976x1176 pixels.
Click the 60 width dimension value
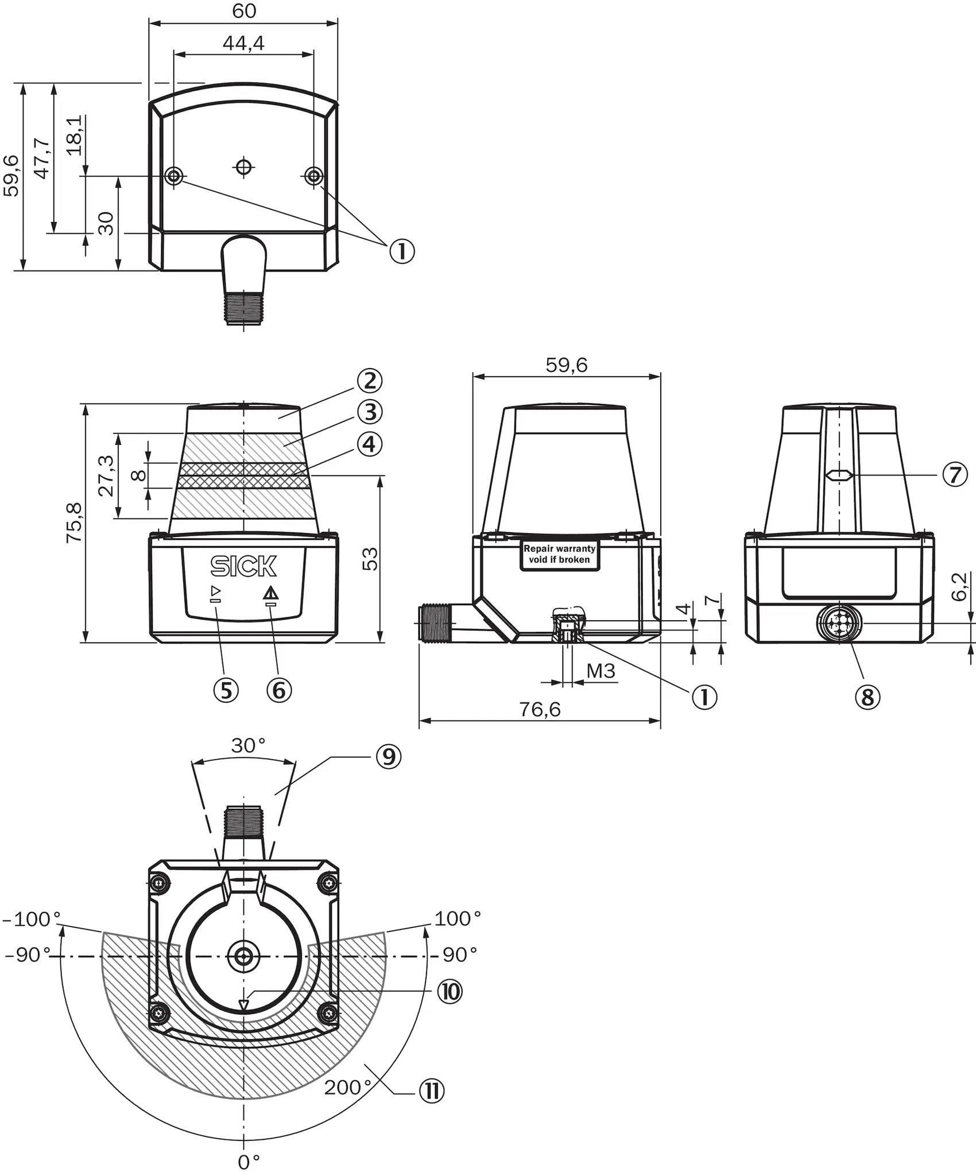244,11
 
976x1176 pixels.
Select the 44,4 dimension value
243,43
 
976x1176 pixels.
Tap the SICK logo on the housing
243,566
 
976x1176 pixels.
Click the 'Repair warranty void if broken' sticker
560,555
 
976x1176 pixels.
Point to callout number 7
955,475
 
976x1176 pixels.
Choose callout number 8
867,697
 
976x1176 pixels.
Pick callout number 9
389,757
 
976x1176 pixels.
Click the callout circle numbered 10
450,992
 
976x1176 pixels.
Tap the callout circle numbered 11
432,1090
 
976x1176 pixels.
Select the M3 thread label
601,671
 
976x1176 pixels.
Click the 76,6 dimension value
540,710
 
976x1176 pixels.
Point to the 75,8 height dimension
74,523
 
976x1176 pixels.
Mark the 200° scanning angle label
348,1088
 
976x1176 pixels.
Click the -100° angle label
32,919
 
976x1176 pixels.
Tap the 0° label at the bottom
249,1162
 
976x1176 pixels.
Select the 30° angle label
248,745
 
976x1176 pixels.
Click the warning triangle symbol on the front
270,593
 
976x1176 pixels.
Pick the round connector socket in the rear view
839,622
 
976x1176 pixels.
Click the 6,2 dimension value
959,586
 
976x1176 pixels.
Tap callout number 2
369,380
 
